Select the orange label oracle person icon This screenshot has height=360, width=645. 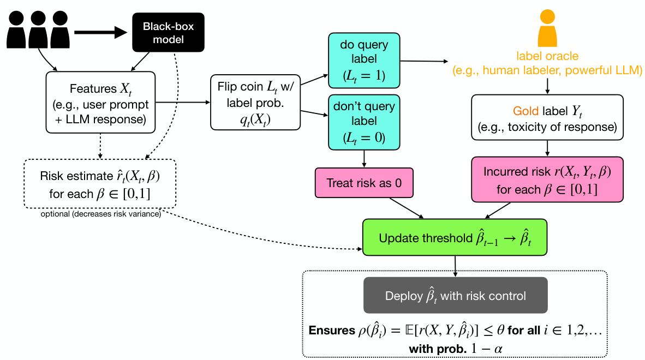point(547,30)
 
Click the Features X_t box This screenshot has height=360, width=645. point(101,104)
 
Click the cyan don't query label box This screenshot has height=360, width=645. point(364,121)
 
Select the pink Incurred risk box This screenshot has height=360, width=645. point(547,180)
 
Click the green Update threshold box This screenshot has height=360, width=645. point(454,238)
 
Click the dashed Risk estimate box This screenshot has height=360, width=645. point(100,184)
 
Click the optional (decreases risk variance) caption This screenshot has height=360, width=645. point(100,214)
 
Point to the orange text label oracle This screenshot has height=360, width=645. point(547,56)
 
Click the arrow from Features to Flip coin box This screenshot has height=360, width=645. point(183,102)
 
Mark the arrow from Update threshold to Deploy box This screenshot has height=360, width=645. point(455,264)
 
